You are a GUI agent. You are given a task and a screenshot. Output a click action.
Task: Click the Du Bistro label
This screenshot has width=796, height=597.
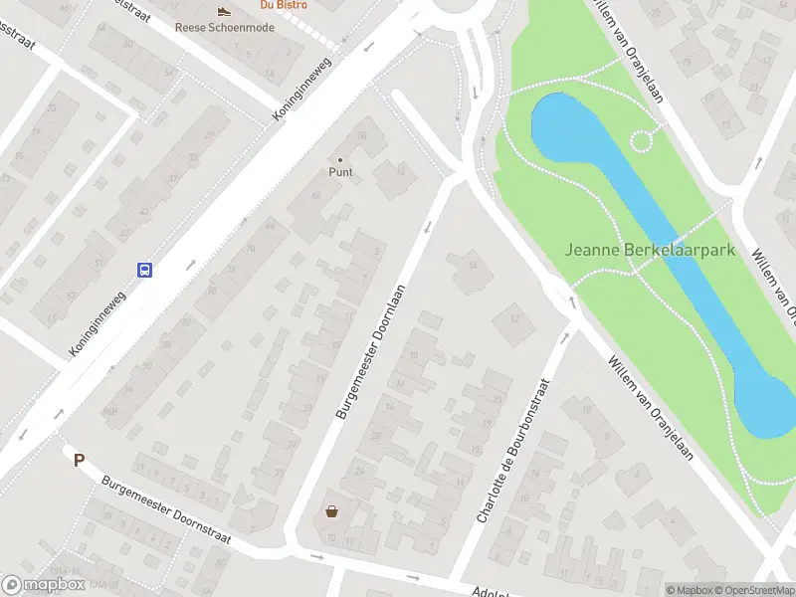(283, 5)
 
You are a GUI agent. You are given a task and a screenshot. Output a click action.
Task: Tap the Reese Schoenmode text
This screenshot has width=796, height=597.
(225, 27)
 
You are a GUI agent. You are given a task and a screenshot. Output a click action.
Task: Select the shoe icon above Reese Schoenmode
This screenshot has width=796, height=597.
(225, 11)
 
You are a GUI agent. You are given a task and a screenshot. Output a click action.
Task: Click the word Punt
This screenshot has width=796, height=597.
(341, 171)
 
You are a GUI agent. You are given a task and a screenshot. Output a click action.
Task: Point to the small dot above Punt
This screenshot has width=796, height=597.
(341, 159)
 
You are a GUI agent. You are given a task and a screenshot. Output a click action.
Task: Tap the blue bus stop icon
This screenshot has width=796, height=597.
(144, 270)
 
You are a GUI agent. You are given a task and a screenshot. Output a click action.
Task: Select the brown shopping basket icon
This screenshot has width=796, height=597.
(331, 512)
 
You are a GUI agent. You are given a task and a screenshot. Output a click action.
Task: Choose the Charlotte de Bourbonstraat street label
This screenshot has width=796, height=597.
(513, 450)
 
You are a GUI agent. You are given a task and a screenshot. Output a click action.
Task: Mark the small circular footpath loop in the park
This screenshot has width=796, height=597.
(642, 141)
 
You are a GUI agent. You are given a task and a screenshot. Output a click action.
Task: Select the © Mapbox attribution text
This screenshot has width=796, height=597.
(689, 590)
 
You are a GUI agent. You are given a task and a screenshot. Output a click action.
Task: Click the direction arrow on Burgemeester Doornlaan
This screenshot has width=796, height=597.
(428, 228)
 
